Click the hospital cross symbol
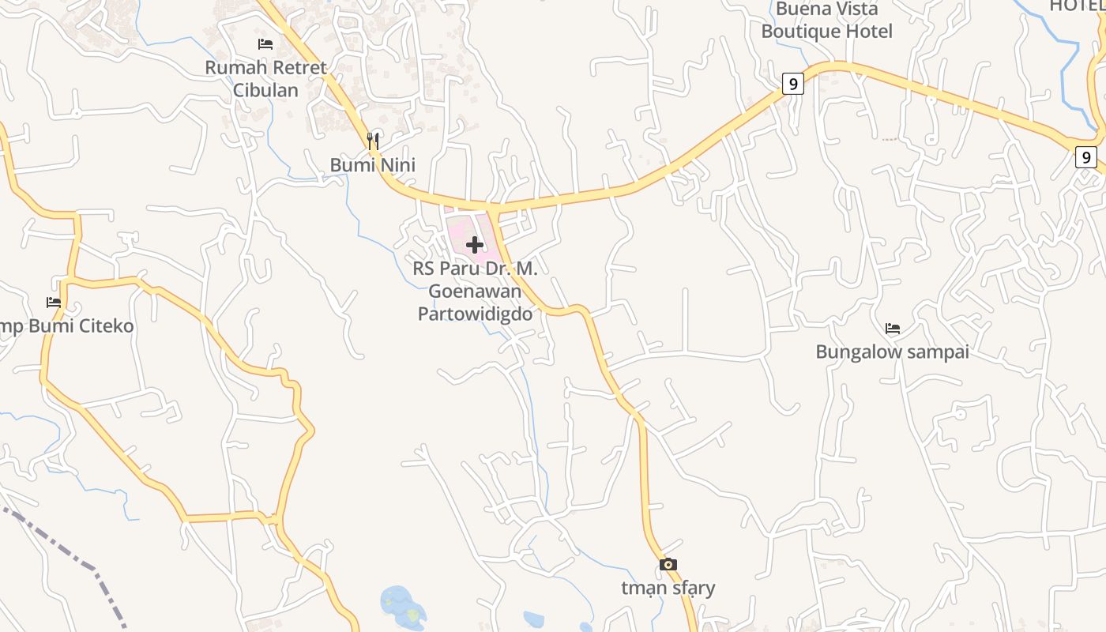pyautogui.click(x=475, y=245)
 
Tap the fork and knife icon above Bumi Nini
pyautogui.click(x=373, y=141)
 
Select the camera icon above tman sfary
pyautogui.click(x=668, y=564)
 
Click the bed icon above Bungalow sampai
pyautogui.click(x=893, y=328)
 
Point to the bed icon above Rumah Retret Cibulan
pyautogui.click(x=265, y=44)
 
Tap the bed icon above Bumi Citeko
pyautogui.click(x=54, y=302)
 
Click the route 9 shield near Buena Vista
pyautogui.click(x=793, y=83)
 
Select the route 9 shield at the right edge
pyautogui.click(x=1086, y=157)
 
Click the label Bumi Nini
pyautogui.click(x=372, y=165)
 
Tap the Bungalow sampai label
pyautogui.click(x=892, y=352)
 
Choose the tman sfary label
pyautogui.click(x=668, y=588)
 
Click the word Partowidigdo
pyautogui.click(x=475, y=314)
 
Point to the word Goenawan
pyautogui.click(x=475, y=291)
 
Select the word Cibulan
pyautogui.click(x=265, y=90)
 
